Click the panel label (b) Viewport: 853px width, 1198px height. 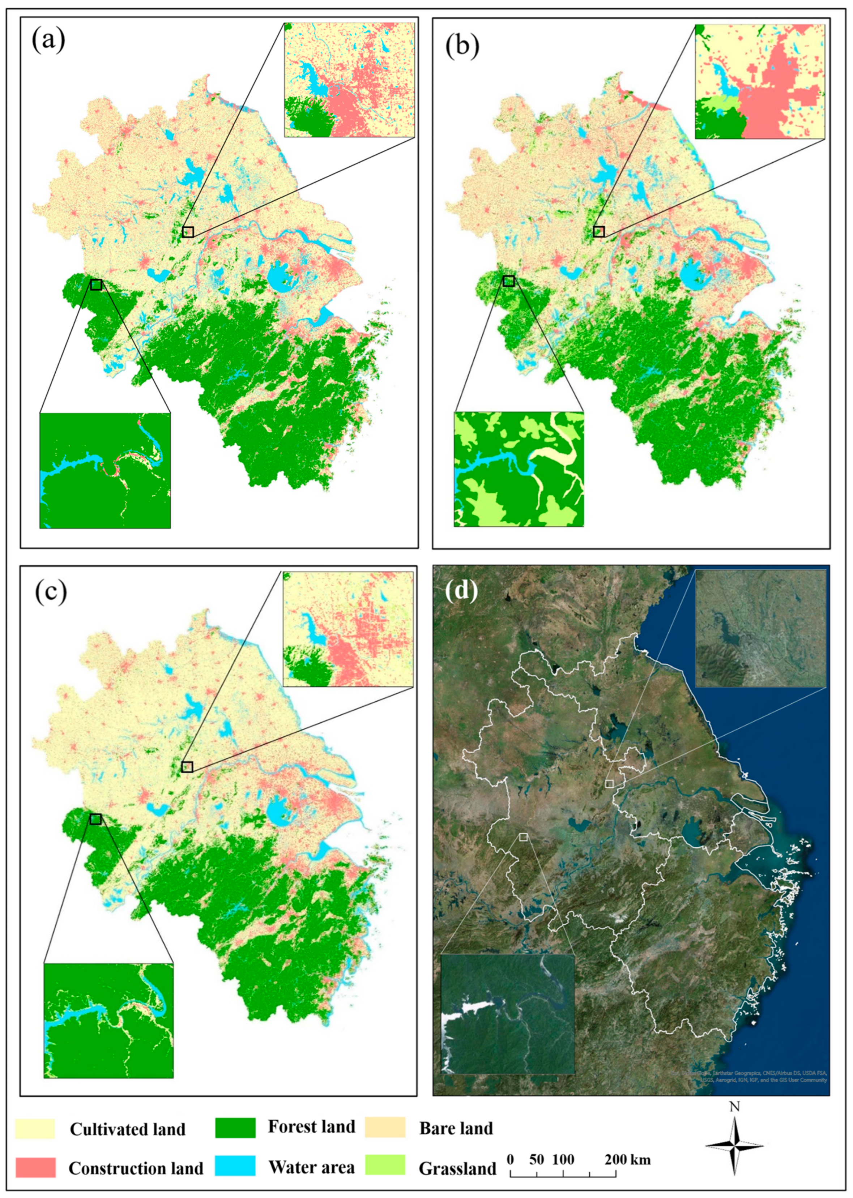[462, 46]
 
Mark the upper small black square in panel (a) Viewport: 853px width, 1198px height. [188, 231]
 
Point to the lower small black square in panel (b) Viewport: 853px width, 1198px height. [508, 281]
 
